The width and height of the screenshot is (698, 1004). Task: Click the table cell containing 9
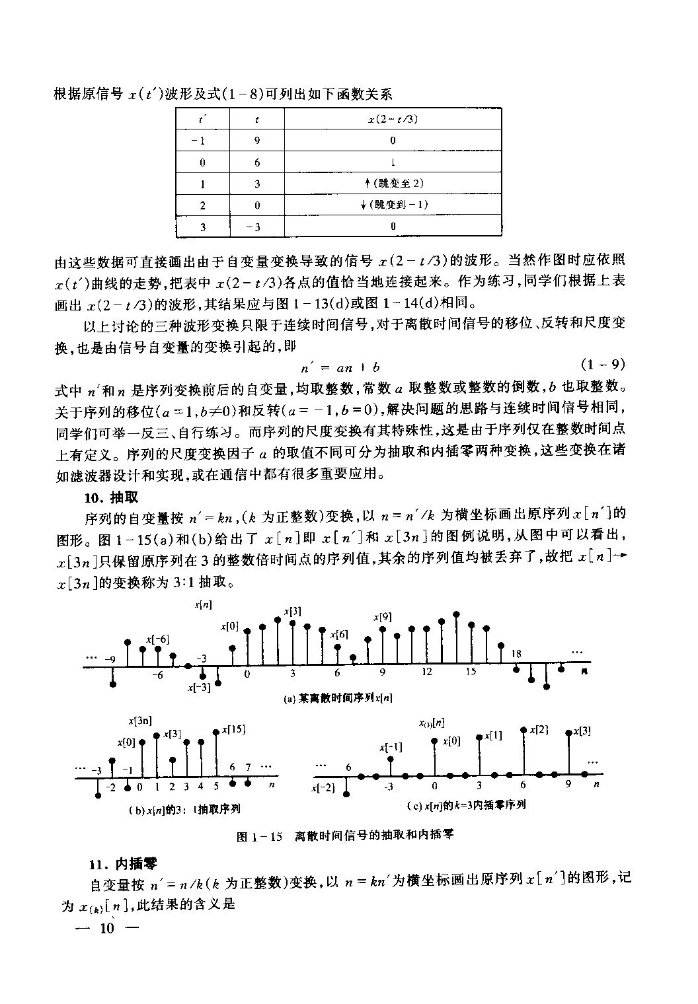click(x=257, y=140)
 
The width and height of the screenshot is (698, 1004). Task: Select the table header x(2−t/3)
click(x=393, y=119)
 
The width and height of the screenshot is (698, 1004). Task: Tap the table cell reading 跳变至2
click(x=393, y=183)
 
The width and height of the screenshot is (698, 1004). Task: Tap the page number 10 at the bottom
click(x=106, y=928)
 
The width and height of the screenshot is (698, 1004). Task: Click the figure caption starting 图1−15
click(x=345, y=836)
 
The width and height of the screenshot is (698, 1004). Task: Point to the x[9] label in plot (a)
click(x=382, y=616)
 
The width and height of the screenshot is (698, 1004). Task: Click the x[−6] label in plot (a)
click(x=158, y=639)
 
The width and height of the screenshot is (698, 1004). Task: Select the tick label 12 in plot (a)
click(x=427, y=672)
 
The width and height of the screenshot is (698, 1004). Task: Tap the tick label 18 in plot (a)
click(x=516, y=654)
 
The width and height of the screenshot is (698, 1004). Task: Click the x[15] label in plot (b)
click(x=234, y=729)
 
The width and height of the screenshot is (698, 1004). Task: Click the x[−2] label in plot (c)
click(x=325, y=789)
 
